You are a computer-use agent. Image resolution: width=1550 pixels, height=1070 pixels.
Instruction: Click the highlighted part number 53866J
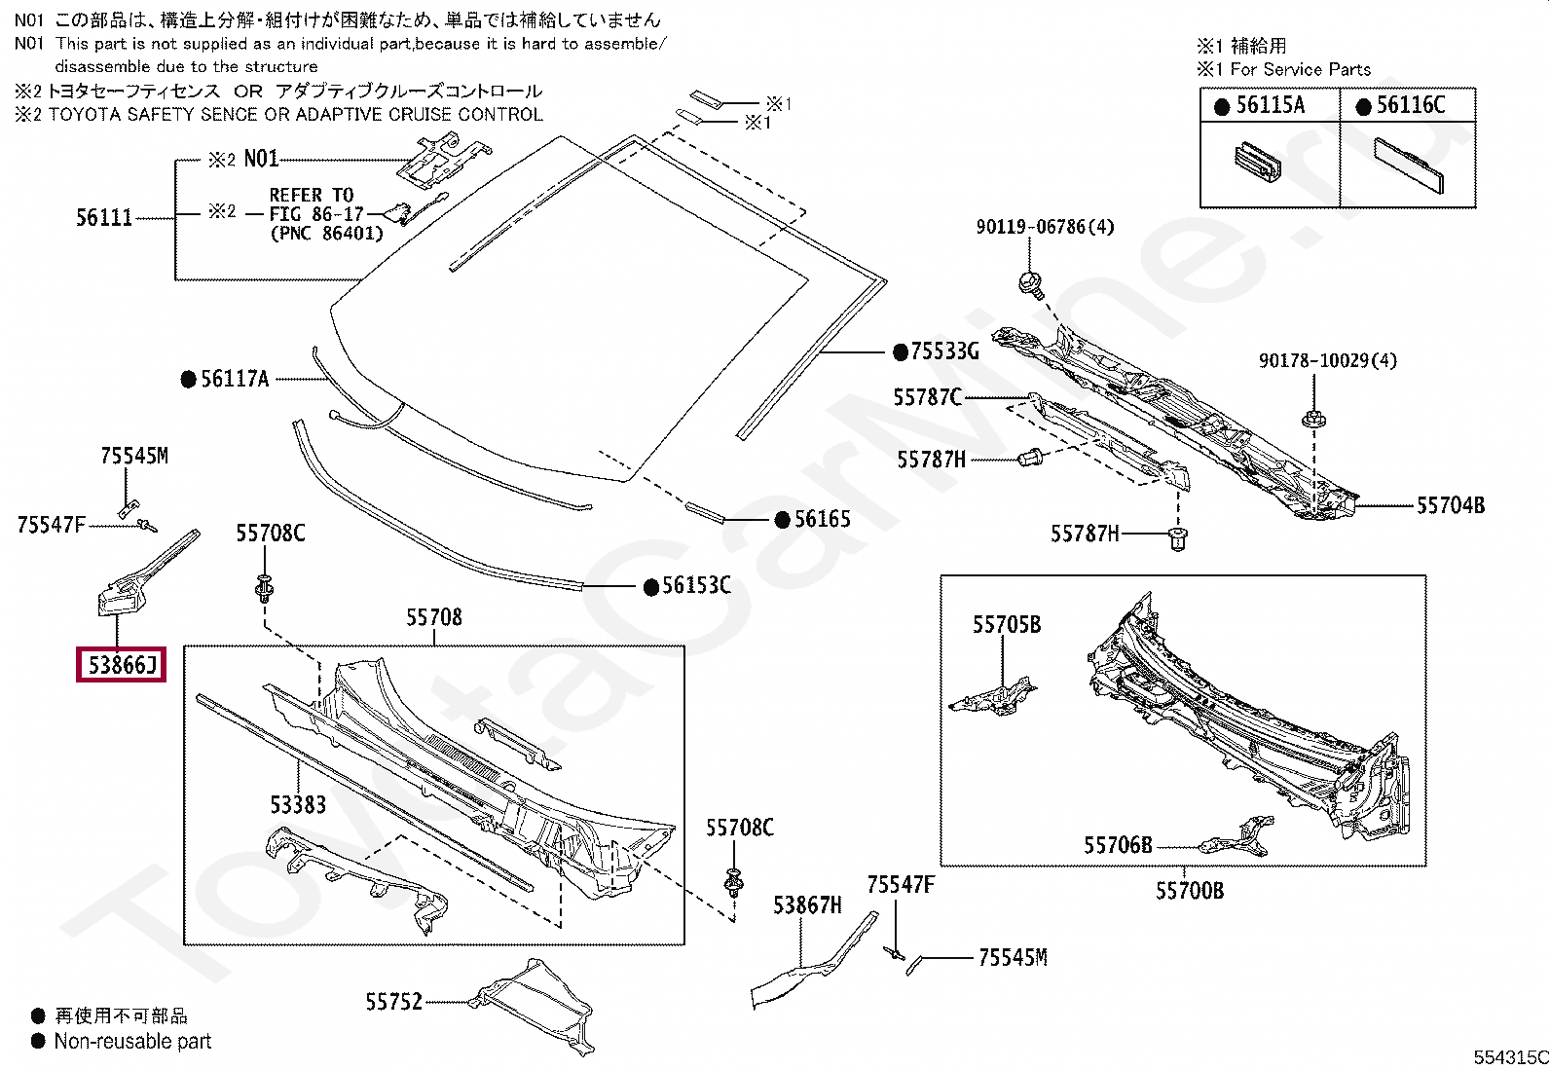[122, 666]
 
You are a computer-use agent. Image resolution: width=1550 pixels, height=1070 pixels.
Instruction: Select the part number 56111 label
[104, 217]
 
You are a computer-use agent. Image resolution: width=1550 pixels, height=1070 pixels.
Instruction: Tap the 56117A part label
[235, 380]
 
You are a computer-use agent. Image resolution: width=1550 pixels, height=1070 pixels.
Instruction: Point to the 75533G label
[944, 351]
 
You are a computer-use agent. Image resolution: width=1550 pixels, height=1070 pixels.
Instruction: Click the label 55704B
[1450, 505]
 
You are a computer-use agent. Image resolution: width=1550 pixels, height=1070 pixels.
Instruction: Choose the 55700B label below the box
[1190, 891]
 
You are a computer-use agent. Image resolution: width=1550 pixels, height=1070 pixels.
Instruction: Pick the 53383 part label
[298, 805]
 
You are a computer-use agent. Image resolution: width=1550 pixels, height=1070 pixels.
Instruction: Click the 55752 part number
[394, 1001]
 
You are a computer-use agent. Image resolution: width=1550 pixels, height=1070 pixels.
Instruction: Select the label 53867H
[807, 906]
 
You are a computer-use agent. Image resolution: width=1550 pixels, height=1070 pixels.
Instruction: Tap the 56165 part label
[823, 520]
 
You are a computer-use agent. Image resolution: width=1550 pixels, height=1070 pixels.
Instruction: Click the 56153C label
[696, 586]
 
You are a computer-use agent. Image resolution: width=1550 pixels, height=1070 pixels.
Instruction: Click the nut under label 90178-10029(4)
[1311, 421]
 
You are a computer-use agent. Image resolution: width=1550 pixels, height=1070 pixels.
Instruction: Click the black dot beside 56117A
[188, 380]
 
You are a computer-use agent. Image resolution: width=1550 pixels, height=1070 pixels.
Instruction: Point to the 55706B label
[1118, 845]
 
